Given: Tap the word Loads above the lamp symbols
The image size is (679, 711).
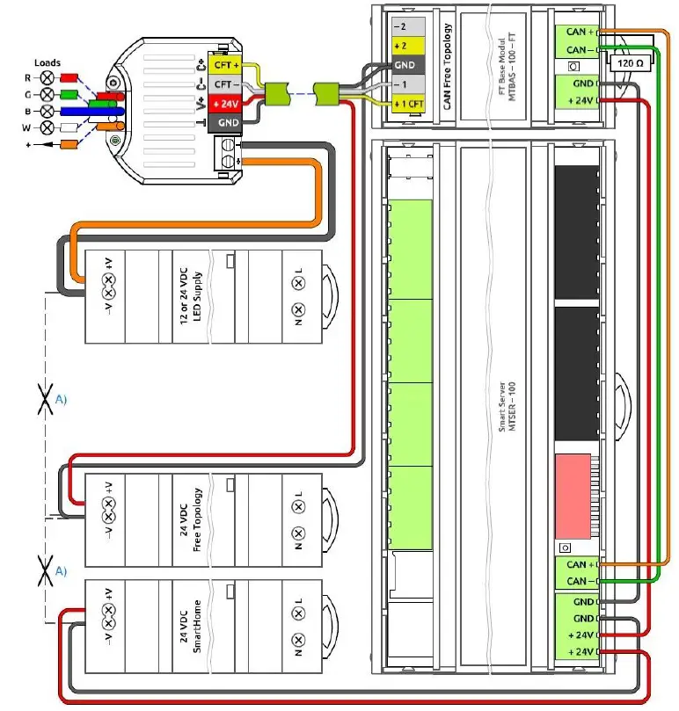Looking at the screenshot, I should [x=47, y=63].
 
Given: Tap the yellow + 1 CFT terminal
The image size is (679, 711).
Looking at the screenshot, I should [x=410, y=105].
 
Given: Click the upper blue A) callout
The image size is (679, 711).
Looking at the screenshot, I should [x=62, y=398].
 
